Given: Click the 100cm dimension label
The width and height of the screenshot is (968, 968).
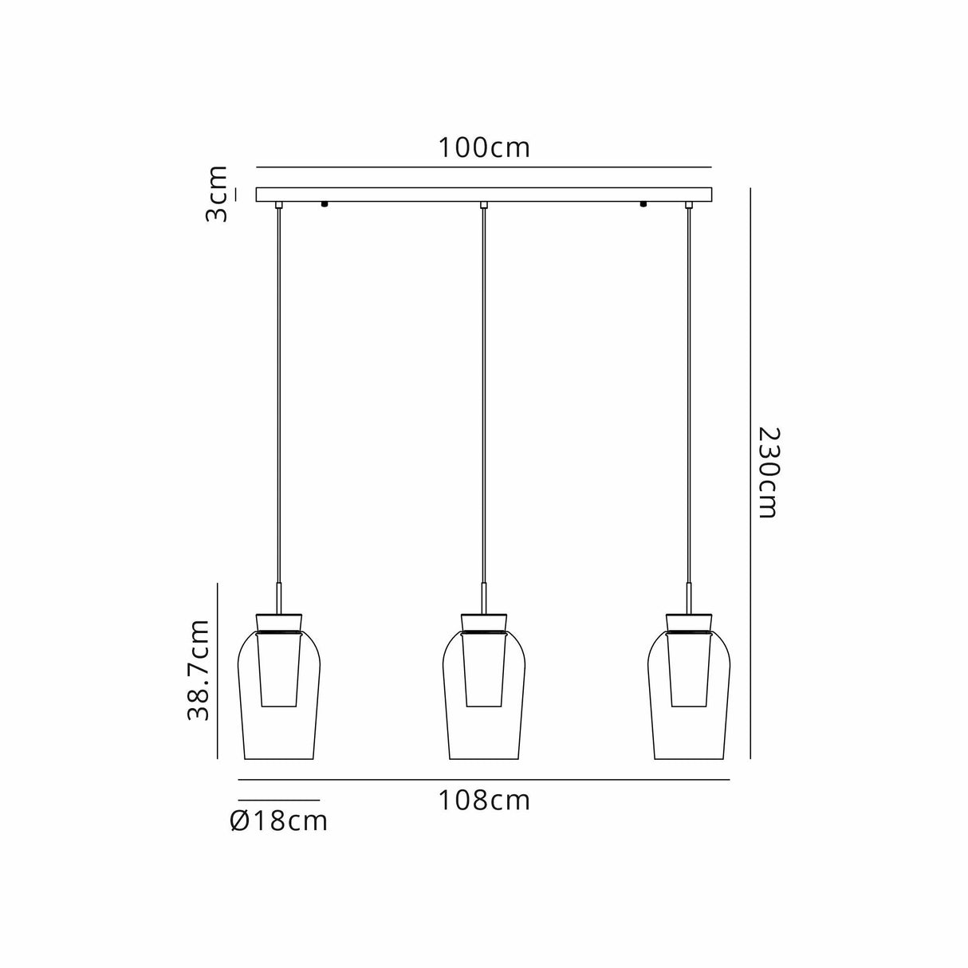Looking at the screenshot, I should [x=483, y=148].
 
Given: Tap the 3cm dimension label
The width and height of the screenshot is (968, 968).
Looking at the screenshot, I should [x=216, y=194].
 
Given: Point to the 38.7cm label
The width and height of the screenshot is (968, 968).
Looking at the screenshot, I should [x=199, y=670].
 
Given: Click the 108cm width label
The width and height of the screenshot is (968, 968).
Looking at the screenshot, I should [x=483, y=800].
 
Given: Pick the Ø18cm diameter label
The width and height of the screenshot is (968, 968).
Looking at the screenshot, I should [x=278, y=820].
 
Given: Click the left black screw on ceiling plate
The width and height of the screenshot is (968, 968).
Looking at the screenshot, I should [x=325, y=204].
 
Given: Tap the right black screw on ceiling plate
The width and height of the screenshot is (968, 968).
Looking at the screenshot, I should [x=643, y=204].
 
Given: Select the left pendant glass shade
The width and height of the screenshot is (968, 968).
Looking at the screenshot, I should [x=279, y=718].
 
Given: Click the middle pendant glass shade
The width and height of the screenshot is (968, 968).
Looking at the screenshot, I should [x=484, y=718].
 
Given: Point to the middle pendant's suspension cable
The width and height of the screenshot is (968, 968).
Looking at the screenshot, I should [x=484, y=399].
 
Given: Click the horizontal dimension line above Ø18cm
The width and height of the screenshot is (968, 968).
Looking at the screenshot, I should [x=278, y=800].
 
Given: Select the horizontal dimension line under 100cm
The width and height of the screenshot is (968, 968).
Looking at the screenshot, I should [x=483, y=167].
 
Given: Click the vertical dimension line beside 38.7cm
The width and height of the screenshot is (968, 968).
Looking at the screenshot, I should [x=218, y=670].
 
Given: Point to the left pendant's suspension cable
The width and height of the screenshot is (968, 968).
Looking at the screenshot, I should [x=278, y=399].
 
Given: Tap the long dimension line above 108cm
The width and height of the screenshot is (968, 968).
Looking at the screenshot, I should [x=483, y=779].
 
